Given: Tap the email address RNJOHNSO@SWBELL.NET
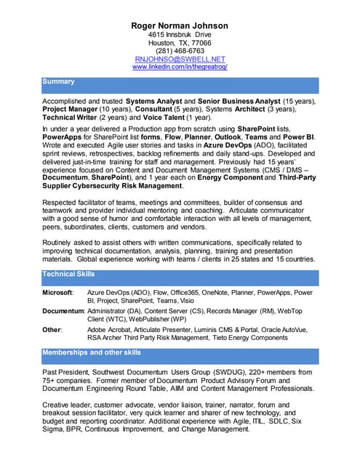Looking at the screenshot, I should (180, 59).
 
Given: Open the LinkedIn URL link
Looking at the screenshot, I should (180, 67).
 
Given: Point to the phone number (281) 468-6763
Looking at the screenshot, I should (180, 51).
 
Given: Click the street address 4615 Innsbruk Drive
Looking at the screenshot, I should (180, 34).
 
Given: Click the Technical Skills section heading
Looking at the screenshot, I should (68, 274).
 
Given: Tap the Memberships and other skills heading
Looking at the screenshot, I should (92, 352).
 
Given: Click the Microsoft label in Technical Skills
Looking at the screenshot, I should (57, 292).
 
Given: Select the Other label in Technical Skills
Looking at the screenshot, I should (52, 329).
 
